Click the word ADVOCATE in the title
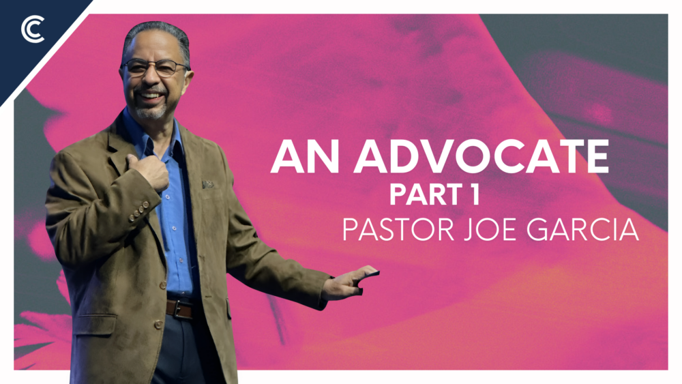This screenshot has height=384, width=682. tap(480, 158)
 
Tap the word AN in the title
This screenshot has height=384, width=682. tap(303, 158)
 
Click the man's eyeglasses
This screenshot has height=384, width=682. tap(155, 67)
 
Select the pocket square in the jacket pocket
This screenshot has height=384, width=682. tap(207, 184)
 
